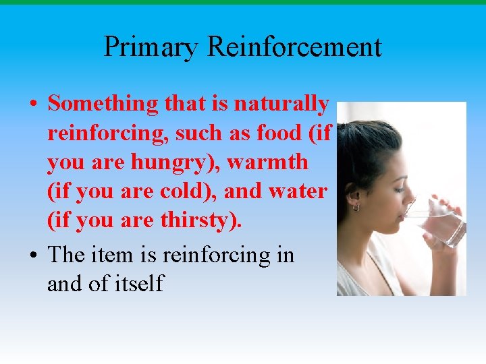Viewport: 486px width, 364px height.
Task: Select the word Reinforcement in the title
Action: pos(294,47)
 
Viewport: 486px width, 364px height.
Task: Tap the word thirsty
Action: pos(200,220)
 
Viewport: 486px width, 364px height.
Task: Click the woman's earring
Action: pos(356,208)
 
